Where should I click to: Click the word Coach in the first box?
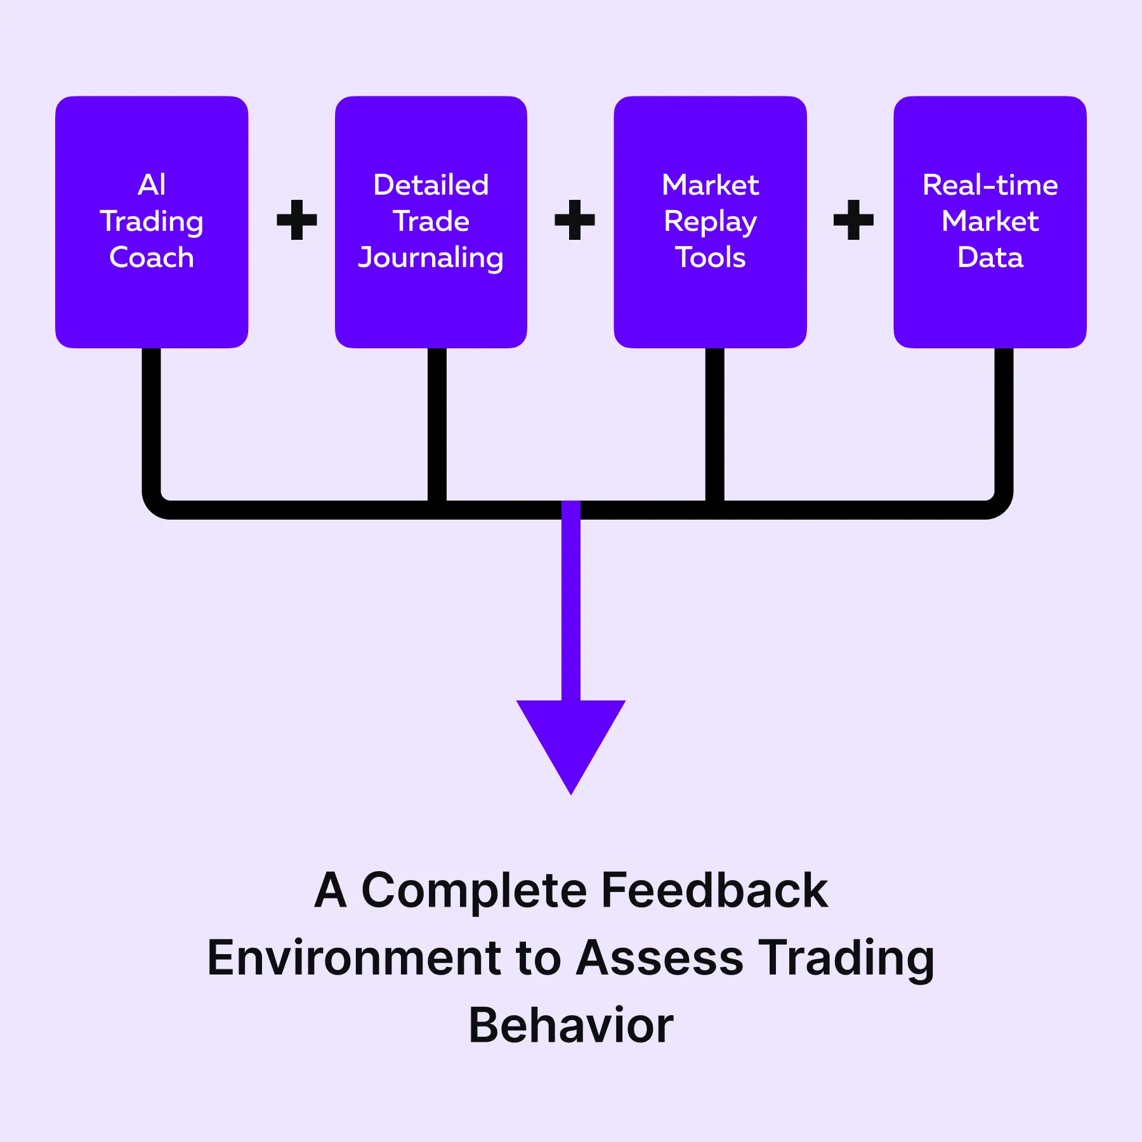152,257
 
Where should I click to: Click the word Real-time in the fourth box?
990,185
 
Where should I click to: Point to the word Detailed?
431,185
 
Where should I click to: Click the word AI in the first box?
152,185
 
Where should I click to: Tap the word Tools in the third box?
711,257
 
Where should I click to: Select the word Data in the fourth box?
990,257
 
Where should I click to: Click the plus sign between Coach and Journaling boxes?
297,220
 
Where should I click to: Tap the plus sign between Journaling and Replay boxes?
575,220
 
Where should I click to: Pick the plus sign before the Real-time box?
853,220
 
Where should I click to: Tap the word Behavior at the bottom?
571,1025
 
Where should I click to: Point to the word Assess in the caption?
660,957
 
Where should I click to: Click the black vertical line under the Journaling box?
437,425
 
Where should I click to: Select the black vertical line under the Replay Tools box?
715,425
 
